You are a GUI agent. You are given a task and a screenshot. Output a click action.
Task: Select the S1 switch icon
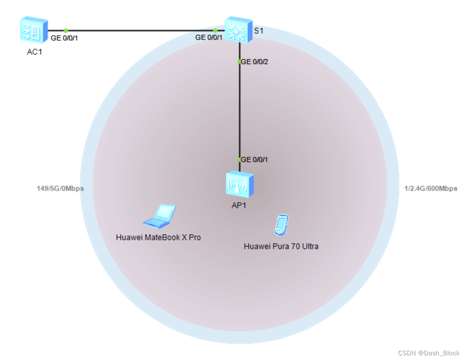(239, 29)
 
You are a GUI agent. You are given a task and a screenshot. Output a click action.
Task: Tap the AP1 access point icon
(240, 183)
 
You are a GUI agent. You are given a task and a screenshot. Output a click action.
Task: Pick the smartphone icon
(281, 224)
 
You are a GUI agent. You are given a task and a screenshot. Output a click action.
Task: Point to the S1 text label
(259, 31)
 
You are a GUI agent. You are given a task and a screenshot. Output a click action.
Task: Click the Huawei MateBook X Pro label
(158, 237)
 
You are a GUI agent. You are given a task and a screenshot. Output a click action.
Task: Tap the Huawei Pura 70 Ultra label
(281, 246)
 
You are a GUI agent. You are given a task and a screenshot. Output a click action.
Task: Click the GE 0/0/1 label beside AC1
(64, 38)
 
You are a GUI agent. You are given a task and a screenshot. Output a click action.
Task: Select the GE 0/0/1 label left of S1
(209, 38)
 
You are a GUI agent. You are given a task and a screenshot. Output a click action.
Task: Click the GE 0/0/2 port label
(255, 62)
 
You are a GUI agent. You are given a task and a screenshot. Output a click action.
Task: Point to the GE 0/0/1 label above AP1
(255, 160)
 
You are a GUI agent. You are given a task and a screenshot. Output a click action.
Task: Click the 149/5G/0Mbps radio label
(61, 188)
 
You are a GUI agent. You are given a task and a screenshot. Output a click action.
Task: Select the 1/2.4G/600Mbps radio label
(431, 188)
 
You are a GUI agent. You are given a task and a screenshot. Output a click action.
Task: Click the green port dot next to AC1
(66, 31)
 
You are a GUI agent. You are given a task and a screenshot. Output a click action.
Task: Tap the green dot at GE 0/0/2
(240, 61)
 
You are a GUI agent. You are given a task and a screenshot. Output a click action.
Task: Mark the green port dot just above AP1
(240, 160)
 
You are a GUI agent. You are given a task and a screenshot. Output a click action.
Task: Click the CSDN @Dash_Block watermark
(428, 353)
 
